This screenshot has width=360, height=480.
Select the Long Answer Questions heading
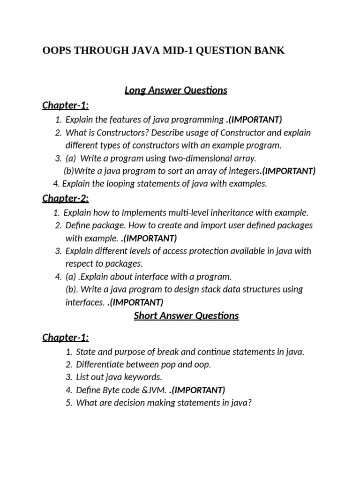[x=176, y=90]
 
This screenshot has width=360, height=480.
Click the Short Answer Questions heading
[x=186, y=315]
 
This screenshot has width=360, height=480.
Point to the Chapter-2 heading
[x=66, y=198]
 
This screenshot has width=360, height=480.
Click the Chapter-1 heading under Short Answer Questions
[x=66, y=337]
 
